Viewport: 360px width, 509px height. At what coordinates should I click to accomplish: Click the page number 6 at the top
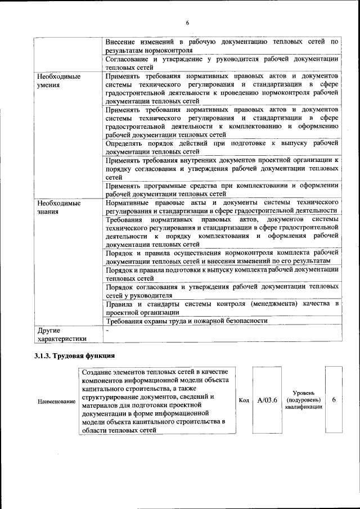[x=187, y=22]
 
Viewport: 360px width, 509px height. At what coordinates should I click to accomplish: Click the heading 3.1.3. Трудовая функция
[x=75, y=356]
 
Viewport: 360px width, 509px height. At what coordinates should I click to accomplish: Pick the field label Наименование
[x=56, y=402]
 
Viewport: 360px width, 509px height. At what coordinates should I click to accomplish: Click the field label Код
[x=244, y=400]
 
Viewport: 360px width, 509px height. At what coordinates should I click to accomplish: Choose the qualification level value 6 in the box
[x=334, y=399]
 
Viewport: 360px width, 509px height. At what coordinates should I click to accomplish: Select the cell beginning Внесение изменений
[x=222, y=46]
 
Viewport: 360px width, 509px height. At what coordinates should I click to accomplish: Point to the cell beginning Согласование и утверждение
[x=222, y=63]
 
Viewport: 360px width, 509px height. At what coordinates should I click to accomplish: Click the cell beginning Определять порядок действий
[x=222, y=147]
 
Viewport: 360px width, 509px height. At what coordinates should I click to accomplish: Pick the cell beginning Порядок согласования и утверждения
[x=222, y=291]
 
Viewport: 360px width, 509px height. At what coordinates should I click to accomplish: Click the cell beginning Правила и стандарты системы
[x=222, y=308]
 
